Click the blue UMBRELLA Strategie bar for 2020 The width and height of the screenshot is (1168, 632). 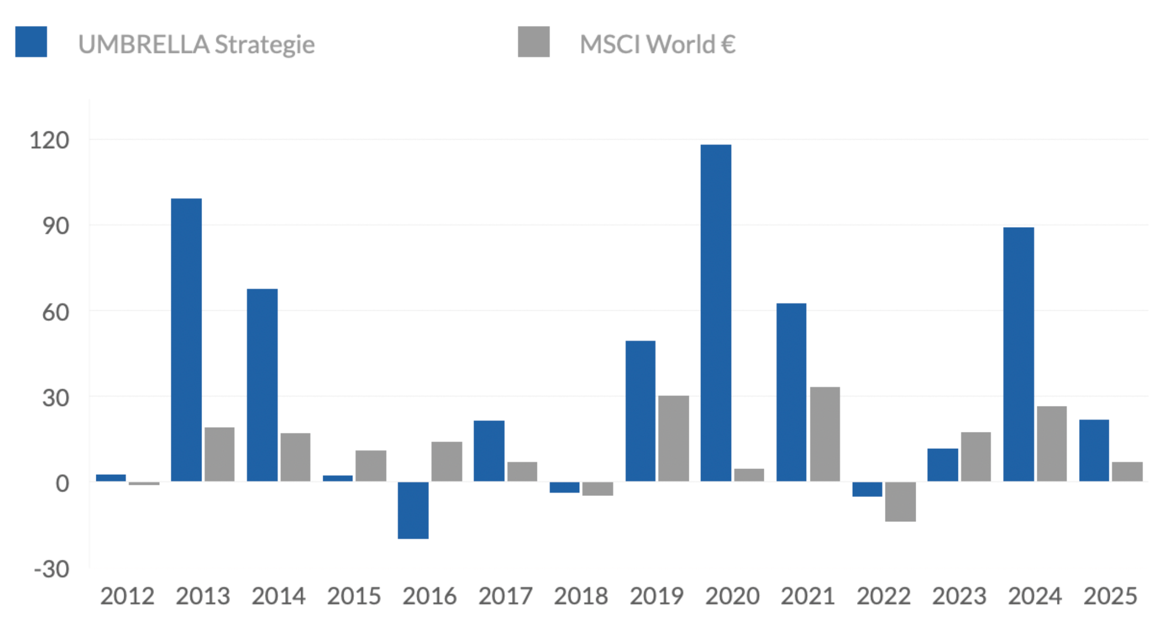tap(716, 312)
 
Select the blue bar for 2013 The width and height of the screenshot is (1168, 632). tap(186, 339)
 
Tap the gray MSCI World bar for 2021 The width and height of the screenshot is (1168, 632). tap(825, 434)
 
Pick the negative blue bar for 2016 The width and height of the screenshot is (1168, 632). tap(413, 510)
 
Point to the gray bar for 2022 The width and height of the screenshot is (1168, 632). tap(900, 501)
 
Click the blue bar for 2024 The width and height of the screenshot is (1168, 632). tap(1018, 354)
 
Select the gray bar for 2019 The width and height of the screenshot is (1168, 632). tap(673, 438)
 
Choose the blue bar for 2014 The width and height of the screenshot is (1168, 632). tap(262, 385)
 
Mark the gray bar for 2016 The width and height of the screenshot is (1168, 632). tap(446, 461)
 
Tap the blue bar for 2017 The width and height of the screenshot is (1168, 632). tap(489, 450)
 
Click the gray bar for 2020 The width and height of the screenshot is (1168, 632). tap(749, 475)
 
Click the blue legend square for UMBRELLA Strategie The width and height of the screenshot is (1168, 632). tap(31, 42)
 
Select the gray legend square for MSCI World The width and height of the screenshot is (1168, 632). tap(534, 42)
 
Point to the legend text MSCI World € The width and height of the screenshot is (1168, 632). tap(658, 44)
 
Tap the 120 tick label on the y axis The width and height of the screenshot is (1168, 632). tap(49, 141)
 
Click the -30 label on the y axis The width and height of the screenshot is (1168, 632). tap(51, 570)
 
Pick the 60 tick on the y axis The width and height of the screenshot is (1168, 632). tap(56, 312)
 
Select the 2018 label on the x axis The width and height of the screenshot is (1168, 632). tap(581, 597)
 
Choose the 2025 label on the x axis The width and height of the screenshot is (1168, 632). tap(1110, 597)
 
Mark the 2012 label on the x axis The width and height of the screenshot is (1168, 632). tap(127, 597)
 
